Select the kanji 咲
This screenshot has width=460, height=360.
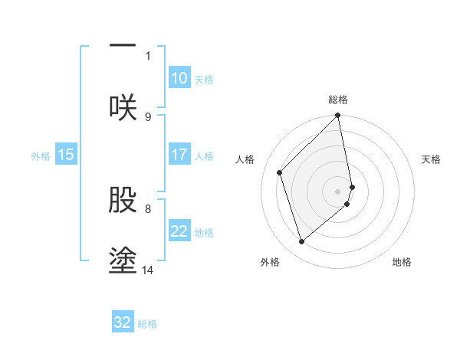click(123, 106)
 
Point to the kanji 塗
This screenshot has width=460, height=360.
click(123, 259)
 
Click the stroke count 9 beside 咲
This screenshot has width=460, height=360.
click(148, 116)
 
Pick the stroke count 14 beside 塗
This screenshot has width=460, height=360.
click(148, 269)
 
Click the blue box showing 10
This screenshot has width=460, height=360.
click(179, 78)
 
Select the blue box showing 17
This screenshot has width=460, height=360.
click(179, 155)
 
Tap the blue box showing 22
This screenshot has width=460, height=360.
click(179, 231)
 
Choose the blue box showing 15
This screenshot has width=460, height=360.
click(66, 155)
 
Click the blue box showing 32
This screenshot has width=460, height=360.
click(123, 322)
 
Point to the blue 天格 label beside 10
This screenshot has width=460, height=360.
click(204, 80)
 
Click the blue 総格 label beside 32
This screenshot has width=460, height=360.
click(147, 324)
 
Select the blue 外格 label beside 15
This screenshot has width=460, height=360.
click(41, 156)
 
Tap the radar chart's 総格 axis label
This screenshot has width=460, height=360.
click(338, 100)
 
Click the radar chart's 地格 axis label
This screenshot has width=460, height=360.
click(402, 262)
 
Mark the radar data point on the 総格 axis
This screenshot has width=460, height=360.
click(338, 116)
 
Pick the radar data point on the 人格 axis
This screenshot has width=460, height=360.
click(280, 172)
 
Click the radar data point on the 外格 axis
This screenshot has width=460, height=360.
click(301, 242)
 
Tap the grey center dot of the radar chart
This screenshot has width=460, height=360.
click(338, 191)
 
